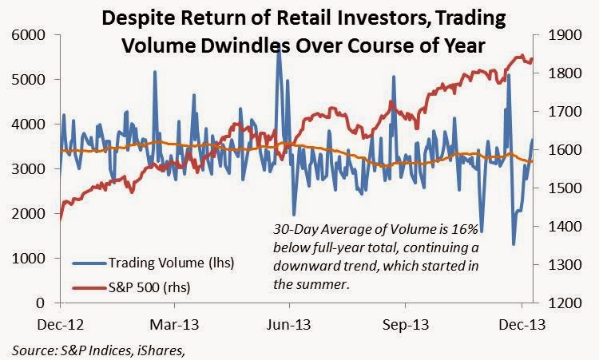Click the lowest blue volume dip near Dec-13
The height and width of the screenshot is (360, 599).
(x=514, y=244)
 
